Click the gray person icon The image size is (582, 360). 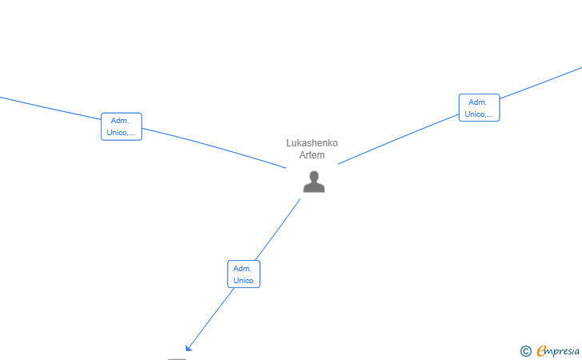314,182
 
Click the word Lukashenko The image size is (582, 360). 312,143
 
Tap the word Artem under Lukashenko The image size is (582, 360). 312,155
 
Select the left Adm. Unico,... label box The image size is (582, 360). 121,126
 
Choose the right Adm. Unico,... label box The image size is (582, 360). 479,107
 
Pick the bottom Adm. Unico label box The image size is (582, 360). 243,274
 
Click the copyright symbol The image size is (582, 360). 525,350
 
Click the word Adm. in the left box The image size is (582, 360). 121,121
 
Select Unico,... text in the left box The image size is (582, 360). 121,133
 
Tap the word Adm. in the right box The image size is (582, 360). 478,102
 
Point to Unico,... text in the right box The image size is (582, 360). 479,114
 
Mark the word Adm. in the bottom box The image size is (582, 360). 243,269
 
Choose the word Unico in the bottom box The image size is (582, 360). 243,281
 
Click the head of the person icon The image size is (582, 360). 314,176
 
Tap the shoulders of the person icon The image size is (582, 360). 314,188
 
